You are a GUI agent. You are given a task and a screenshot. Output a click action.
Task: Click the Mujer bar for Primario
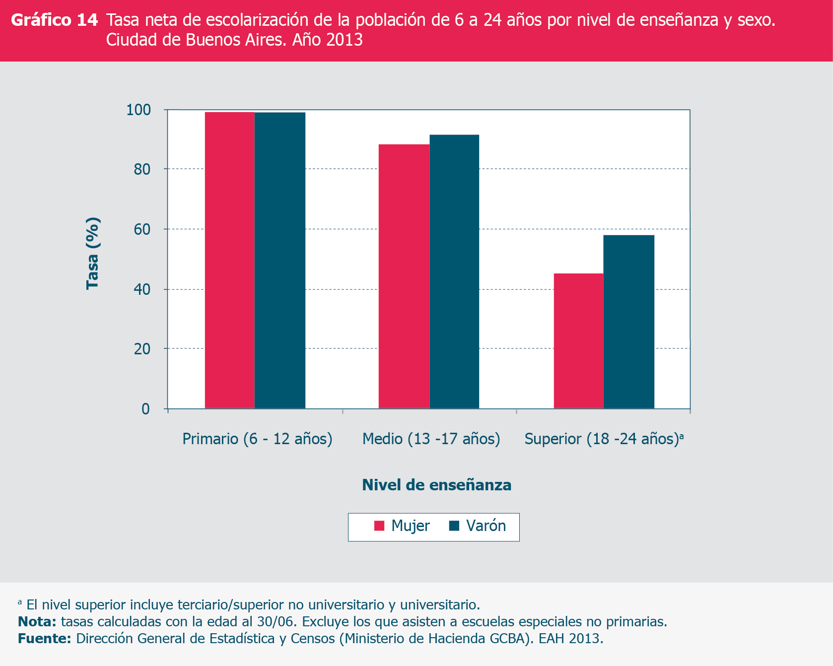tap(229, 260)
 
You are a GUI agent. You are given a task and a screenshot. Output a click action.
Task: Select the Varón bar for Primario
tap(280, 260)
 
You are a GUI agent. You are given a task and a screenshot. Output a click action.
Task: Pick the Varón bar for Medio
tap(454, 271)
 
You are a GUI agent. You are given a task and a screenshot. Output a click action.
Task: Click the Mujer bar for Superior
tap(578, 341)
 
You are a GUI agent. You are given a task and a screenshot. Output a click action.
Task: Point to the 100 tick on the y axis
tap(139, 110)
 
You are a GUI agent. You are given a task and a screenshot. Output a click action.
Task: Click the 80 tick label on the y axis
tap(142, 169)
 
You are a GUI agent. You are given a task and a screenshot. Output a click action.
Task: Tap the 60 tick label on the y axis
tap(142, 229)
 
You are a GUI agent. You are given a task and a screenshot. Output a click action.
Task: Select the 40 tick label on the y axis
tap(142, 289)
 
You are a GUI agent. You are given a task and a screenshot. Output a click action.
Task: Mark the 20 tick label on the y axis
tap(142, 349)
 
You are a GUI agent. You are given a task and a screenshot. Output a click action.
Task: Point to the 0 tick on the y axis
tap(145, 409)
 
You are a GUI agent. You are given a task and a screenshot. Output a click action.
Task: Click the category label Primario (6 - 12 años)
tap(257, 439)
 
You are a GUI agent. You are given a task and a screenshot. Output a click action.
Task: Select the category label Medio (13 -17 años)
tap(431, 439)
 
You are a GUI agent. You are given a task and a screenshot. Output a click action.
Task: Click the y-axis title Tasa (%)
tap(93, 253)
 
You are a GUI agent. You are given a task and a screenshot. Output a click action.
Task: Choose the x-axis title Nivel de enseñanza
tap(436, 485)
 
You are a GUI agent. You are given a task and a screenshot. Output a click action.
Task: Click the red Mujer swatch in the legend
tap(379, 526)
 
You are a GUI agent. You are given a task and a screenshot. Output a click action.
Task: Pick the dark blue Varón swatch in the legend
tap(454, 526)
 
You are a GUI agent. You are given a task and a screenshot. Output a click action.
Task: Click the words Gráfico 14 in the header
tap(55, 20)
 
